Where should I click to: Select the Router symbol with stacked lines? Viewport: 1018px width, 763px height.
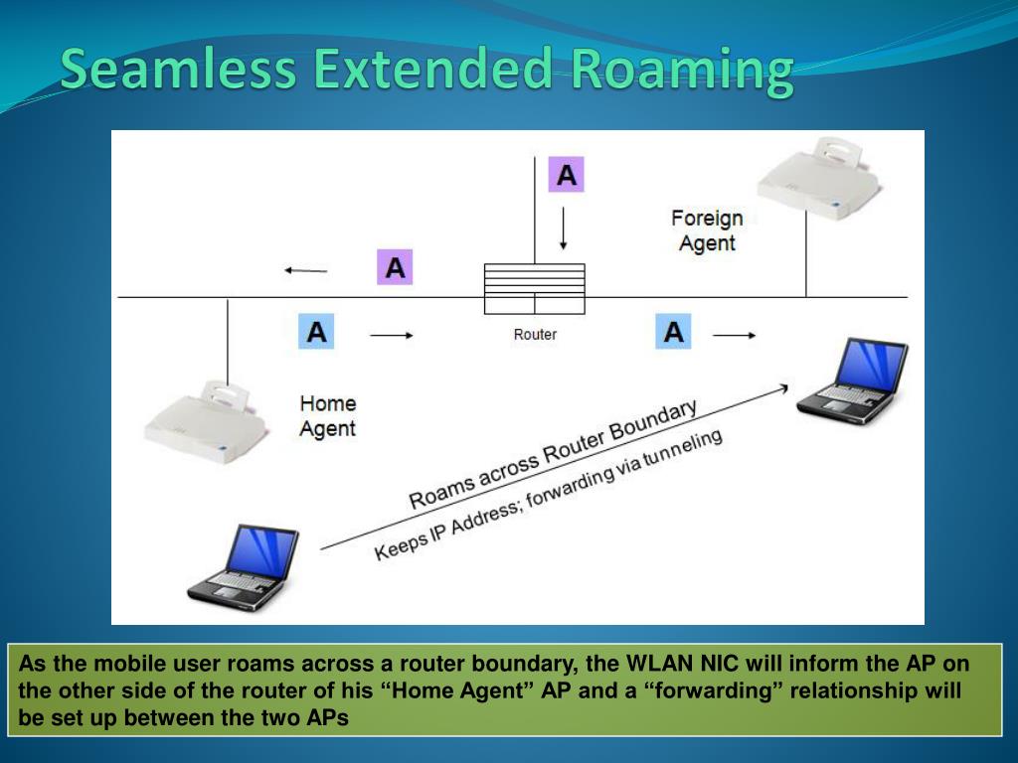535,288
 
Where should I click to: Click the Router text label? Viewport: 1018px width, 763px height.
535,335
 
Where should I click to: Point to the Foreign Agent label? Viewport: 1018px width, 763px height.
707,230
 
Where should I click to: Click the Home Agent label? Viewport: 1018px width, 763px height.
328,416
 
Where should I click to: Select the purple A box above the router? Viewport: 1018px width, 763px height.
566,175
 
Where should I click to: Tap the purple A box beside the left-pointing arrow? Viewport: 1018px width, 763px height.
395,267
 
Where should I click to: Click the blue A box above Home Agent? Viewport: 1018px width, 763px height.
316,332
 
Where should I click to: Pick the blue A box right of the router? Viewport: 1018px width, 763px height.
673,332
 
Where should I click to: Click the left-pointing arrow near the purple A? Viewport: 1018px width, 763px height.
305,269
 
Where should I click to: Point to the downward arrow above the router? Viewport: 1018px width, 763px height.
564,228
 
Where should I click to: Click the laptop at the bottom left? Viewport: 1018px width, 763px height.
245,565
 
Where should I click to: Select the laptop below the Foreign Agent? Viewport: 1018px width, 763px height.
854,381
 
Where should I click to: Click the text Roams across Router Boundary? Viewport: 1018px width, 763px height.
553,454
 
